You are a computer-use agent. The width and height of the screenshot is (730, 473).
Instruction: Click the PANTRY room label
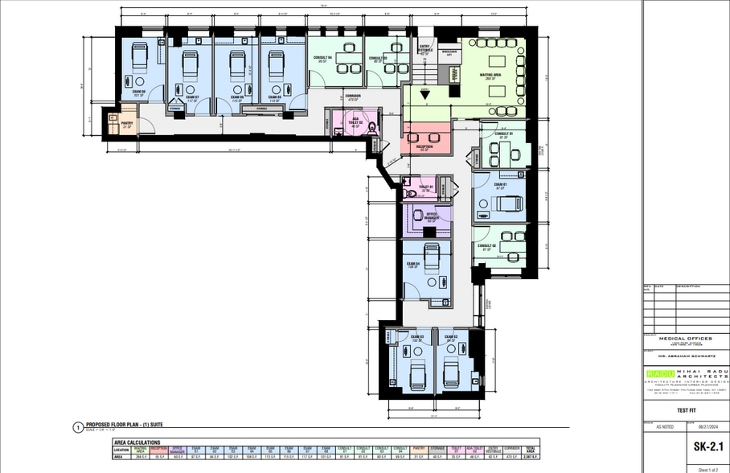pos(126,125)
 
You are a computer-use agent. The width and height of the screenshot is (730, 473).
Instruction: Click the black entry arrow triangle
pos(424,93)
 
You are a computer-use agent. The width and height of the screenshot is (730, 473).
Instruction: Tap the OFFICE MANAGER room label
pos(431,216)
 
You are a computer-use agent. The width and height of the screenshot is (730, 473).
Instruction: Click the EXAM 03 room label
pos(416,339)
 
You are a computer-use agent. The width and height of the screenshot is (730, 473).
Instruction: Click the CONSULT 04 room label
pos(324,59)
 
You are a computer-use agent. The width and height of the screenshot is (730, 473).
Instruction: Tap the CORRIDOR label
pos(352,97)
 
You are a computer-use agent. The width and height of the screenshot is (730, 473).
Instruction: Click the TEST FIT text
pos(685,409)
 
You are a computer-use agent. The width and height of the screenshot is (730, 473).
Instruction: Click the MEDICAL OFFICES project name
pos(685,339)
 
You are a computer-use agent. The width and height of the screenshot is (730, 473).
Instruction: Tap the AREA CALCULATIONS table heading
pos(137,442)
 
